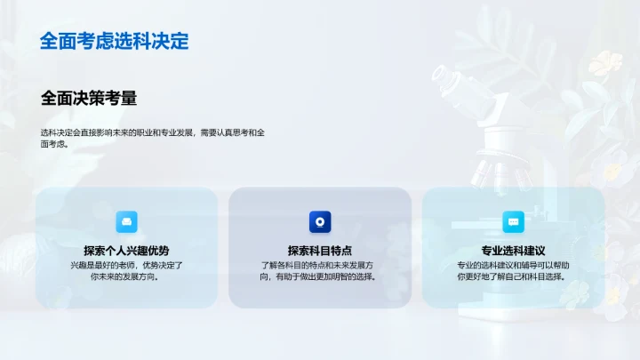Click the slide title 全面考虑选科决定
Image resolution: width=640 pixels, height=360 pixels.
pos(114,41)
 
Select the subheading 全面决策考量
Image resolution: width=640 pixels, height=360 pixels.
pos(89,98)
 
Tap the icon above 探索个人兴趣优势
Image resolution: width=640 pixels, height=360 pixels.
pos(127,221)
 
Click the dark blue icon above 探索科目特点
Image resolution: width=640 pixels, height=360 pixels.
pos(320,221)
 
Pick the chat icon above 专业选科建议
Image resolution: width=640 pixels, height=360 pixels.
pos(514,221)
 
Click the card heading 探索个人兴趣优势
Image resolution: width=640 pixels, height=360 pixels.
pos(126,251)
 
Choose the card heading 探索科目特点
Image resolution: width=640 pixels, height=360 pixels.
pos(320,251)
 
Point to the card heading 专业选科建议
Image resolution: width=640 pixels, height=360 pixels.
pos(513,251)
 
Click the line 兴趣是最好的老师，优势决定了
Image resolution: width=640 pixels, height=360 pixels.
pos(126,265)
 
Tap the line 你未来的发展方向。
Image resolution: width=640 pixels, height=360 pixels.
pos(126,276)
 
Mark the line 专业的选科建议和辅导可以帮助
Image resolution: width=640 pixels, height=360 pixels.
pos(513,265)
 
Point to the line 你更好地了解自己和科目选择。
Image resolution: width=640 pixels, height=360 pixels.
pos(513,276)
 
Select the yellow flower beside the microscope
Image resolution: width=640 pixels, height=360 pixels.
pos(612,62)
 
